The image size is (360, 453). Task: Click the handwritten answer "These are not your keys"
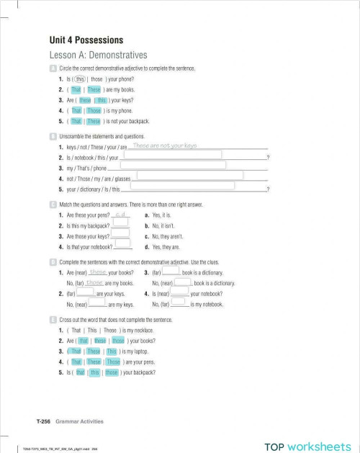pyautogui.click(x=165, y=146)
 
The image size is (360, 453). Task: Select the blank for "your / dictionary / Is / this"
pyautogui.click(x=194, y=189)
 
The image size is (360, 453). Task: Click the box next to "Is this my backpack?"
pyautogui.click(x=121, y=225)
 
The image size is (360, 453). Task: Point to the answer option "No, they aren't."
pyautogui.click(x=166, y=236)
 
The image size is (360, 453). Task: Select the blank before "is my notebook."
pyautogui.click(x=180, y=305)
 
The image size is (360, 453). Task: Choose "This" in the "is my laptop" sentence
pyautogui.click(x=102, y=351)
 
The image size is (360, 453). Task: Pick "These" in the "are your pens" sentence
pyautogui.click(x=94, y=362)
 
